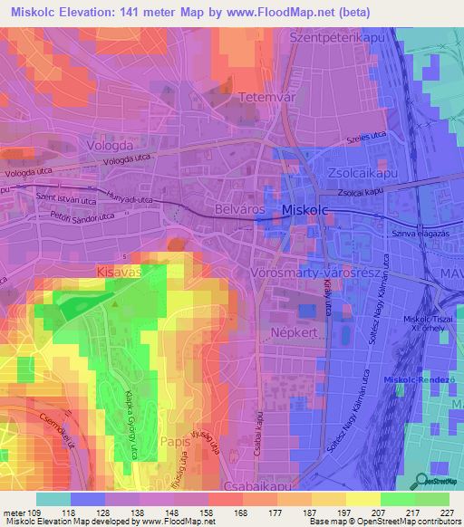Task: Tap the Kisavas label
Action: pyautogui.click(x=121, y=271)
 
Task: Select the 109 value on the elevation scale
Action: pyautogui.click(x=34, y=513)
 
